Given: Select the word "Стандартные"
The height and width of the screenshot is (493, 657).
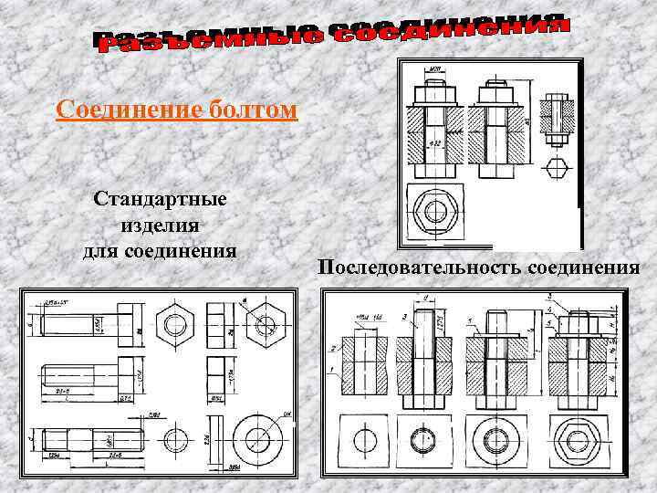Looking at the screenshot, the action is click(160, 199).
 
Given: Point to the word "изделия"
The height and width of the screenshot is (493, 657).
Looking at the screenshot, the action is click(160, 225).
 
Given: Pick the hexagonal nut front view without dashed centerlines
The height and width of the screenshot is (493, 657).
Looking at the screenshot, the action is click(173, 323).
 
